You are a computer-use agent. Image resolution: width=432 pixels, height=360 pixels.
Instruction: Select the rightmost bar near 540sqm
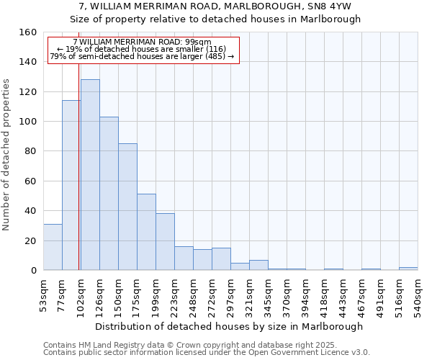pos(408,269)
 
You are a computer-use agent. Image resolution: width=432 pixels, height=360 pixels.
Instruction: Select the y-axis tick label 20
pos(30,240)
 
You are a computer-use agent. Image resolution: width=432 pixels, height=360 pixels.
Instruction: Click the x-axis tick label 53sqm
pos(43,292)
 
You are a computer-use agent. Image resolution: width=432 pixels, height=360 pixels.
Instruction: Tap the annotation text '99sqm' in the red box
pos(198,42)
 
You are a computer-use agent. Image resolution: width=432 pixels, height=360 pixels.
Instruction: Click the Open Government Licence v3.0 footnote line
pos(207,352)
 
